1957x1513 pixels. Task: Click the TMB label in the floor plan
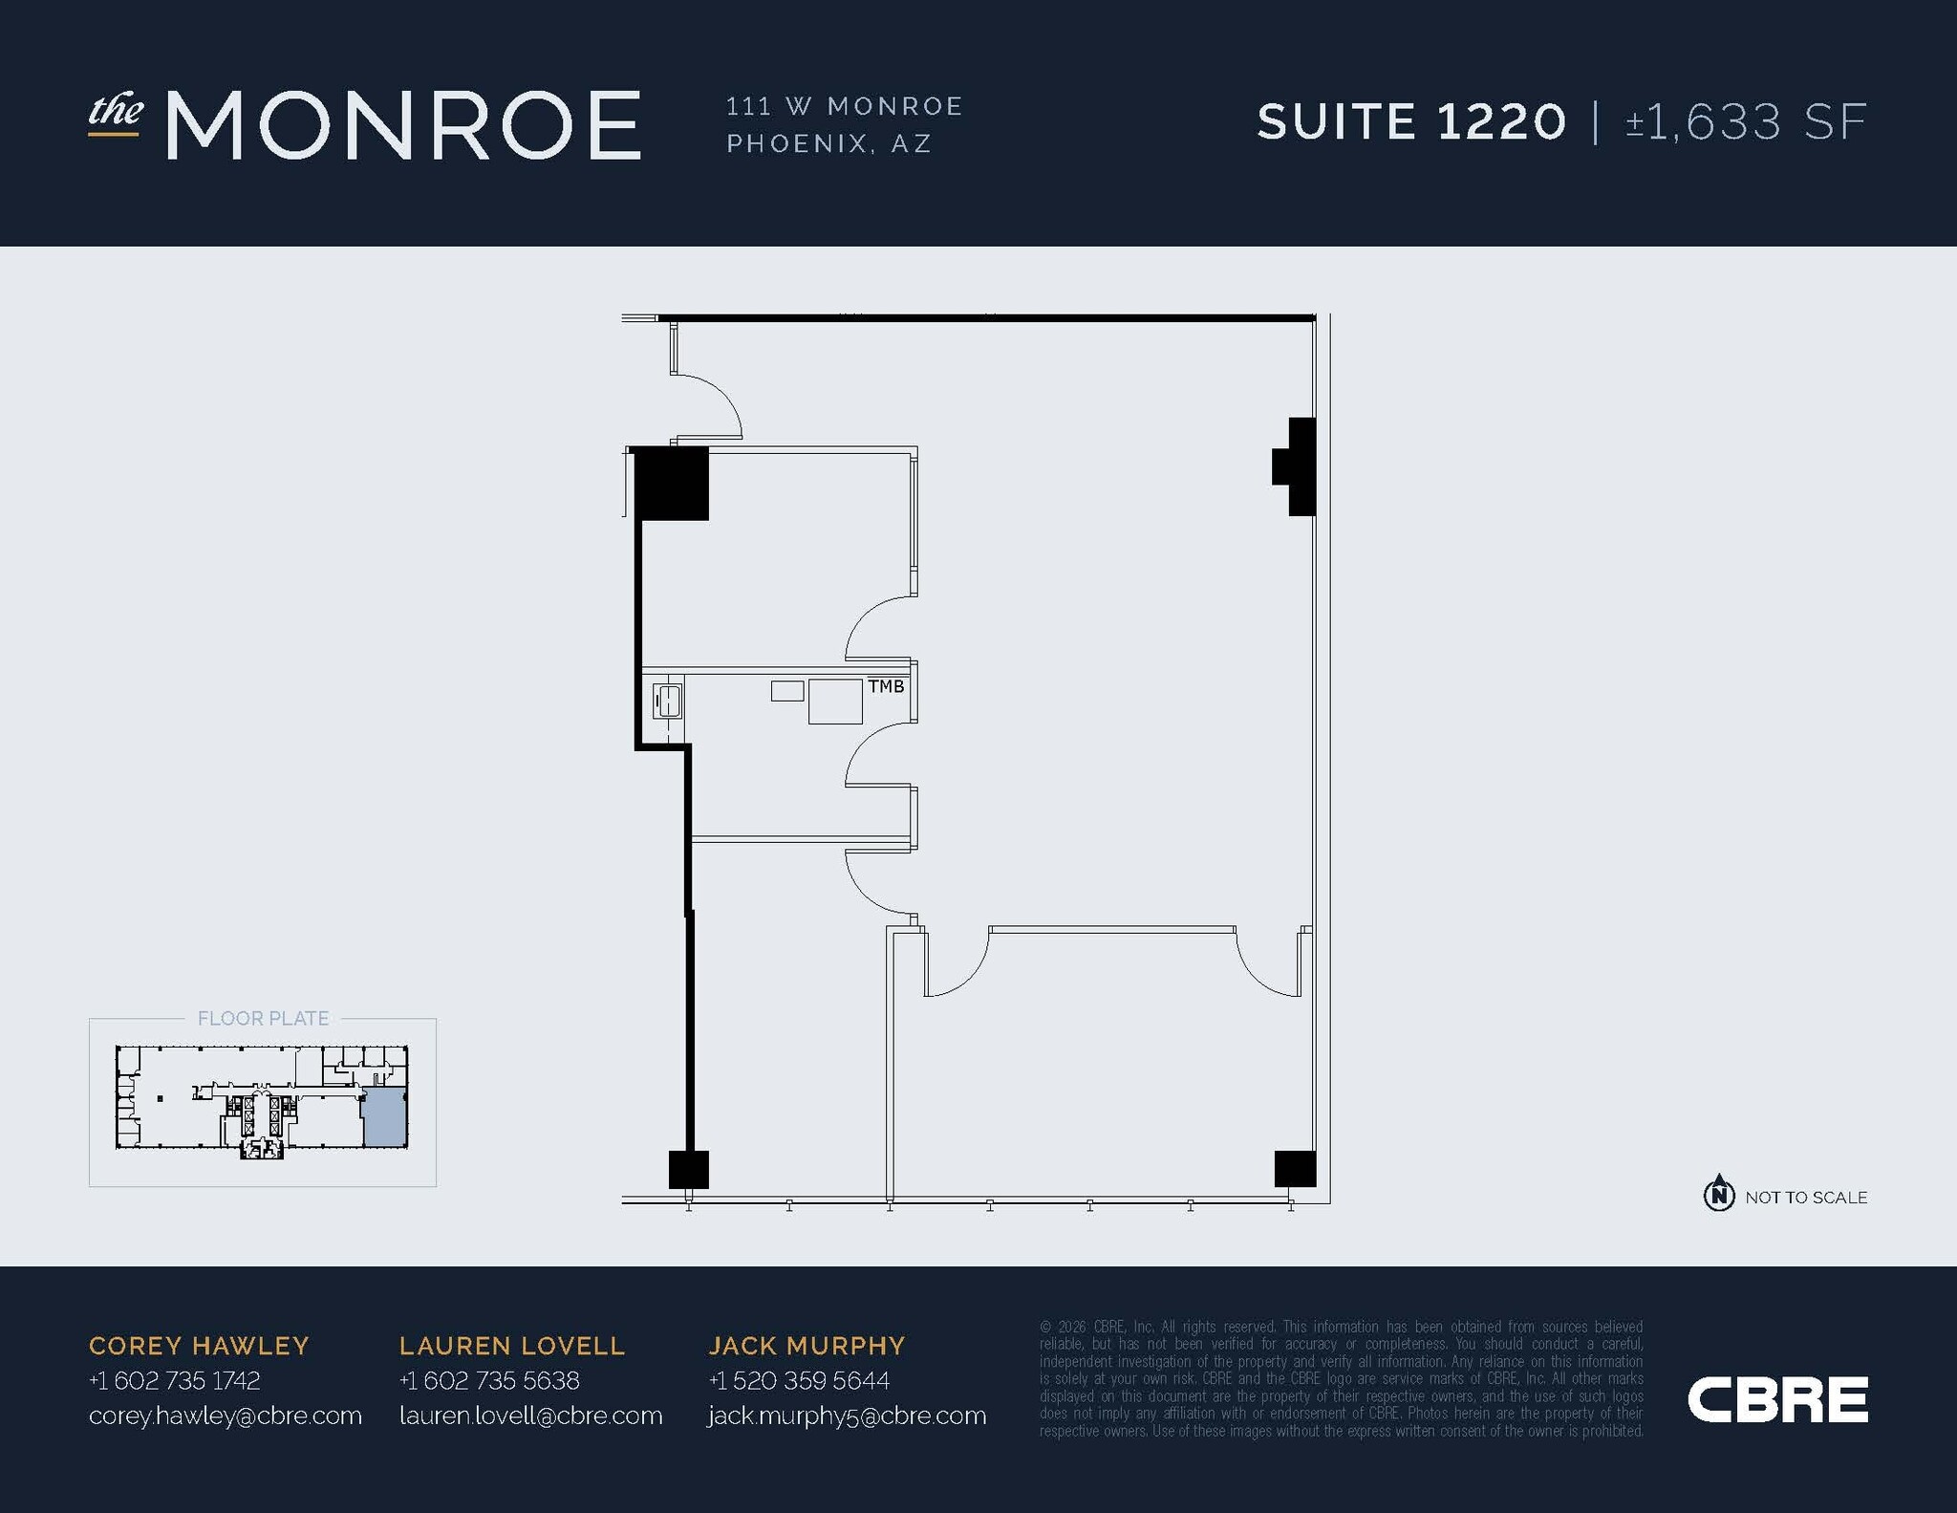[886, 686]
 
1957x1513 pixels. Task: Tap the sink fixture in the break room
[668, 701]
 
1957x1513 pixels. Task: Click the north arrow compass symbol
[1719, 1193]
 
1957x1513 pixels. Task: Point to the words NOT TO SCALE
[1806, 1198]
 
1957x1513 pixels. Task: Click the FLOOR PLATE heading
[263, 1019]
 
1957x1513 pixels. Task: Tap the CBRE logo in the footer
[1777, 1400]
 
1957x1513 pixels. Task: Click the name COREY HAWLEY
[199, 1346]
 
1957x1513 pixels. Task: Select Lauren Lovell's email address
[530, 1416]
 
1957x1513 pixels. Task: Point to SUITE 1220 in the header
[1411, 122]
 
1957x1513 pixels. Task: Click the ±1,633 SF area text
[1746, 122]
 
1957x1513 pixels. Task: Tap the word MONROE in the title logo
[403, 125]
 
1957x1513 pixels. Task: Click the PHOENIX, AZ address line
[828, 143]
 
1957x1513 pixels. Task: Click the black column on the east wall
[1294, 466]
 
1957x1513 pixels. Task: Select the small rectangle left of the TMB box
[787, 690]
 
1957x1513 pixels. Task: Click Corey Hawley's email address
[226, 1416]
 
